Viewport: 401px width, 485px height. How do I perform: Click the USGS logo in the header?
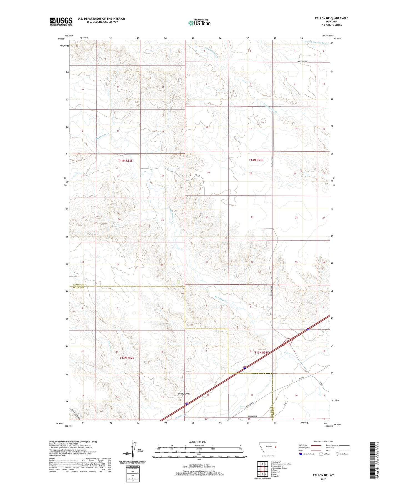(x=61, y=21)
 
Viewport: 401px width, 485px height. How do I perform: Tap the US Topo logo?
(x=199, y=23)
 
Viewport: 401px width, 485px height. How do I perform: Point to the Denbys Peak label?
(x=184, y=394)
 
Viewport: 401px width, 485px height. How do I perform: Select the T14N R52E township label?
(x=125, y=161)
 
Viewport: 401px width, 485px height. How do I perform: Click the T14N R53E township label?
(x=256, y=160)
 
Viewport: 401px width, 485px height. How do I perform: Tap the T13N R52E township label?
(x=127, y=358)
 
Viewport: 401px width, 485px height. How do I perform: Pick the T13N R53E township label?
(x=261, y=352)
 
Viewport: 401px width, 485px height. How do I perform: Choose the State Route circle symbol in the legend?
(x=337, y=454)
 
